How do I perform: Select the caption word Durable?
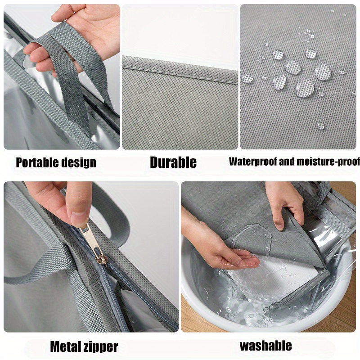point(173,162)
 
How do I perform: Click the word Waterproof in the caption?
point(253,162)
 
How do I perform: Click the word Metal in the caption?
point(65,346)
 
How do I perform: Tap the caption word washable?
point(265,346)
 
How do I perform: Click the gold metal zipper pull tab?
point(90,239)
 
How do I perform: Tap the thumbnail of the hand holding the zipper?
point(91,256)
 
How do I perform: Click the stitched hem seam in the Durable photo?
point(180,69)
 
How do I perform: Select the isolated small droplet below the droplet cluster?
point(321,126)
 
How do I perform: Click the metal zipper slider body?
point(102,260)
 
